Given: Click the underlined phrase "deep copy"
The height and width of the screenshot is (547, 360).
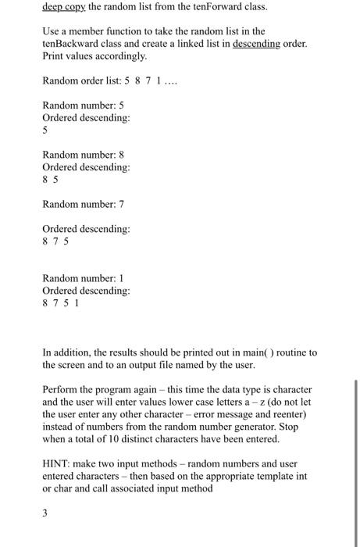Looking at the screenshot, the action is [x=66, y=6].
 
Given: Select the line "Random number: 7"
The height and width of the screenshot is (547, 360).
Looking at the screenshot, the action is [x=84, y=204].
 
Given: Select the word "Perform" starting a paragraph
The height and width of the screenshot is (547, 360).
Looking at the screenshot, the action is [x=62, y=389].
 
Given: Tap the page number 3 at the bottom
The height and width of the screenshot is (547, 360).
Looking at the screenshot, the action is [x=45, y=513].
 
